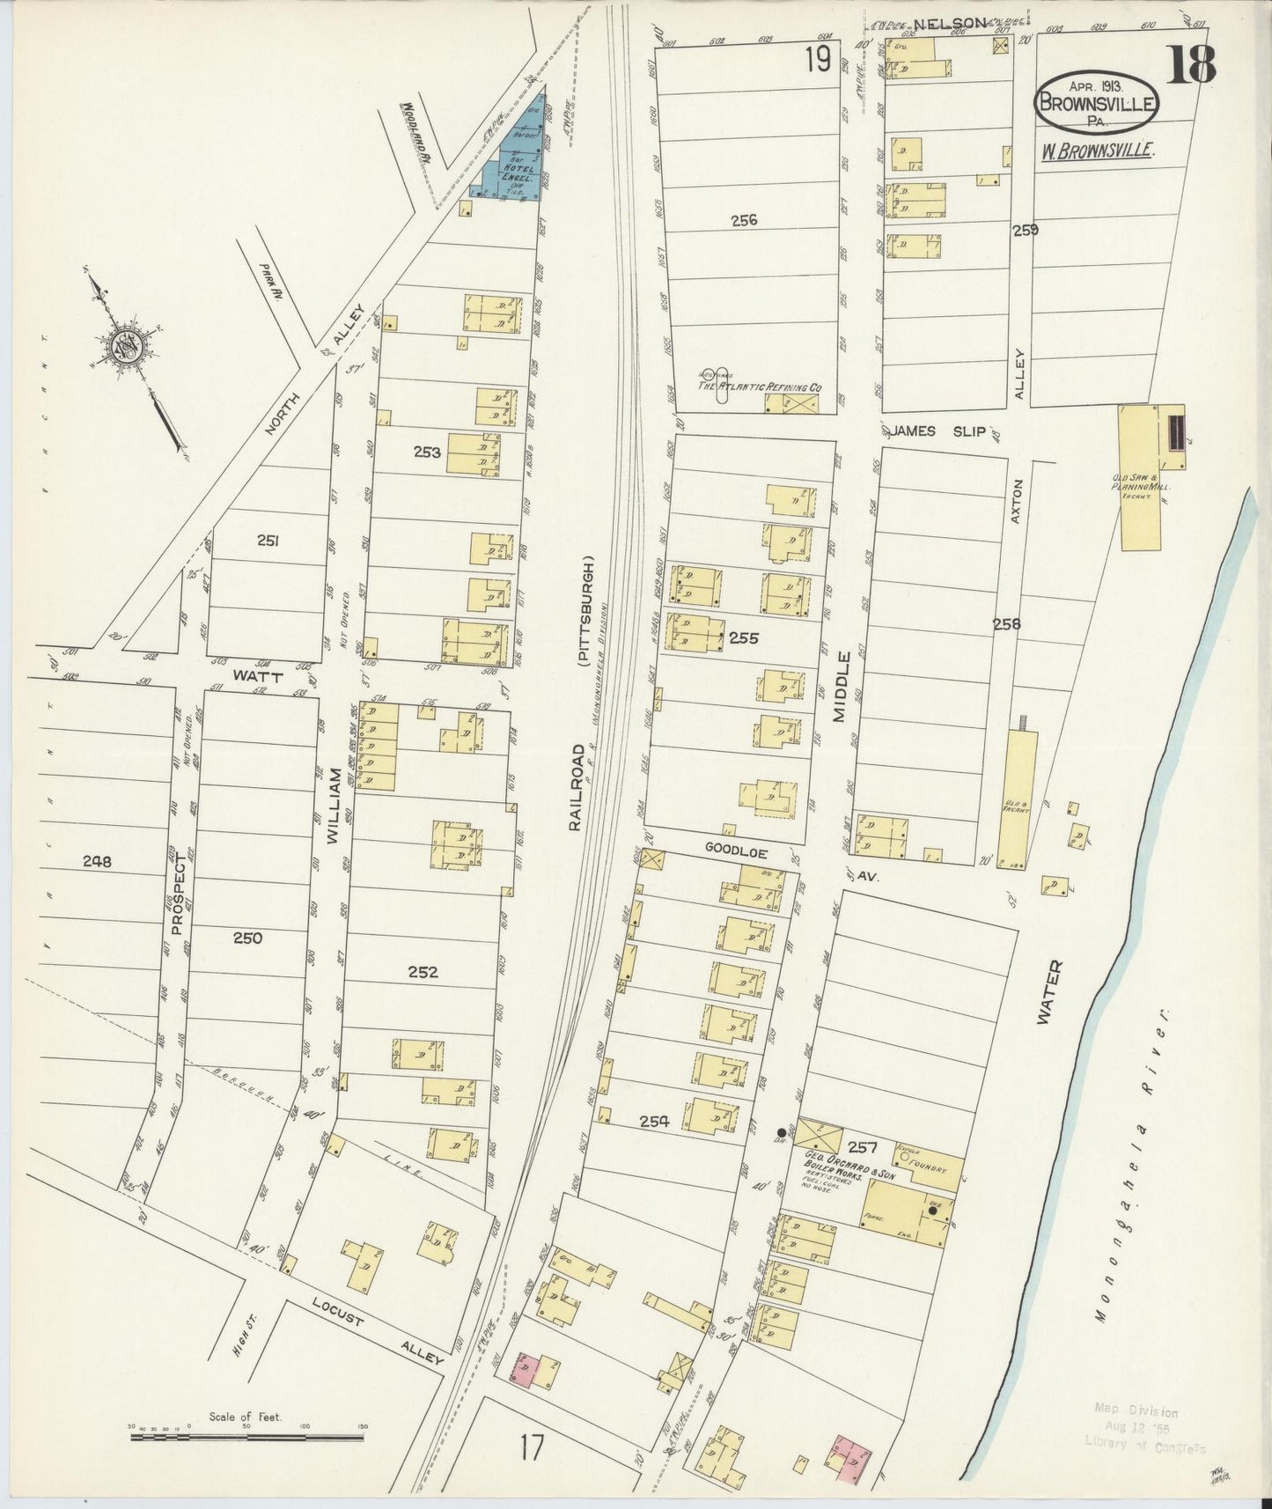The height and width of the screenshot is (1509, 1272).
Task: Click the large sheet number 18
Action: [1192, 63]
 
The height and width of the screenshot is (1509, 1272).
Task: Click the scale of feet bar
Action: [247, 1438]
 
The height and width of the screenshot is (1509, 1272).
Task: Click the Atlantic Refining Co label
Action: [759, 386]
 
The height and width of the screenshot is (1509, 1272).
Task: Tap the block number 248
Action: [97, 862]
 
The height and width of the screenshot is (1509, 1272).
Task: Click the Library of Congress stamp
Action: [1143, 1427]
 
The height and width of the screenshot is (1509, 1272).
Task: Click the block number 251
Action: [268, 541]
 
